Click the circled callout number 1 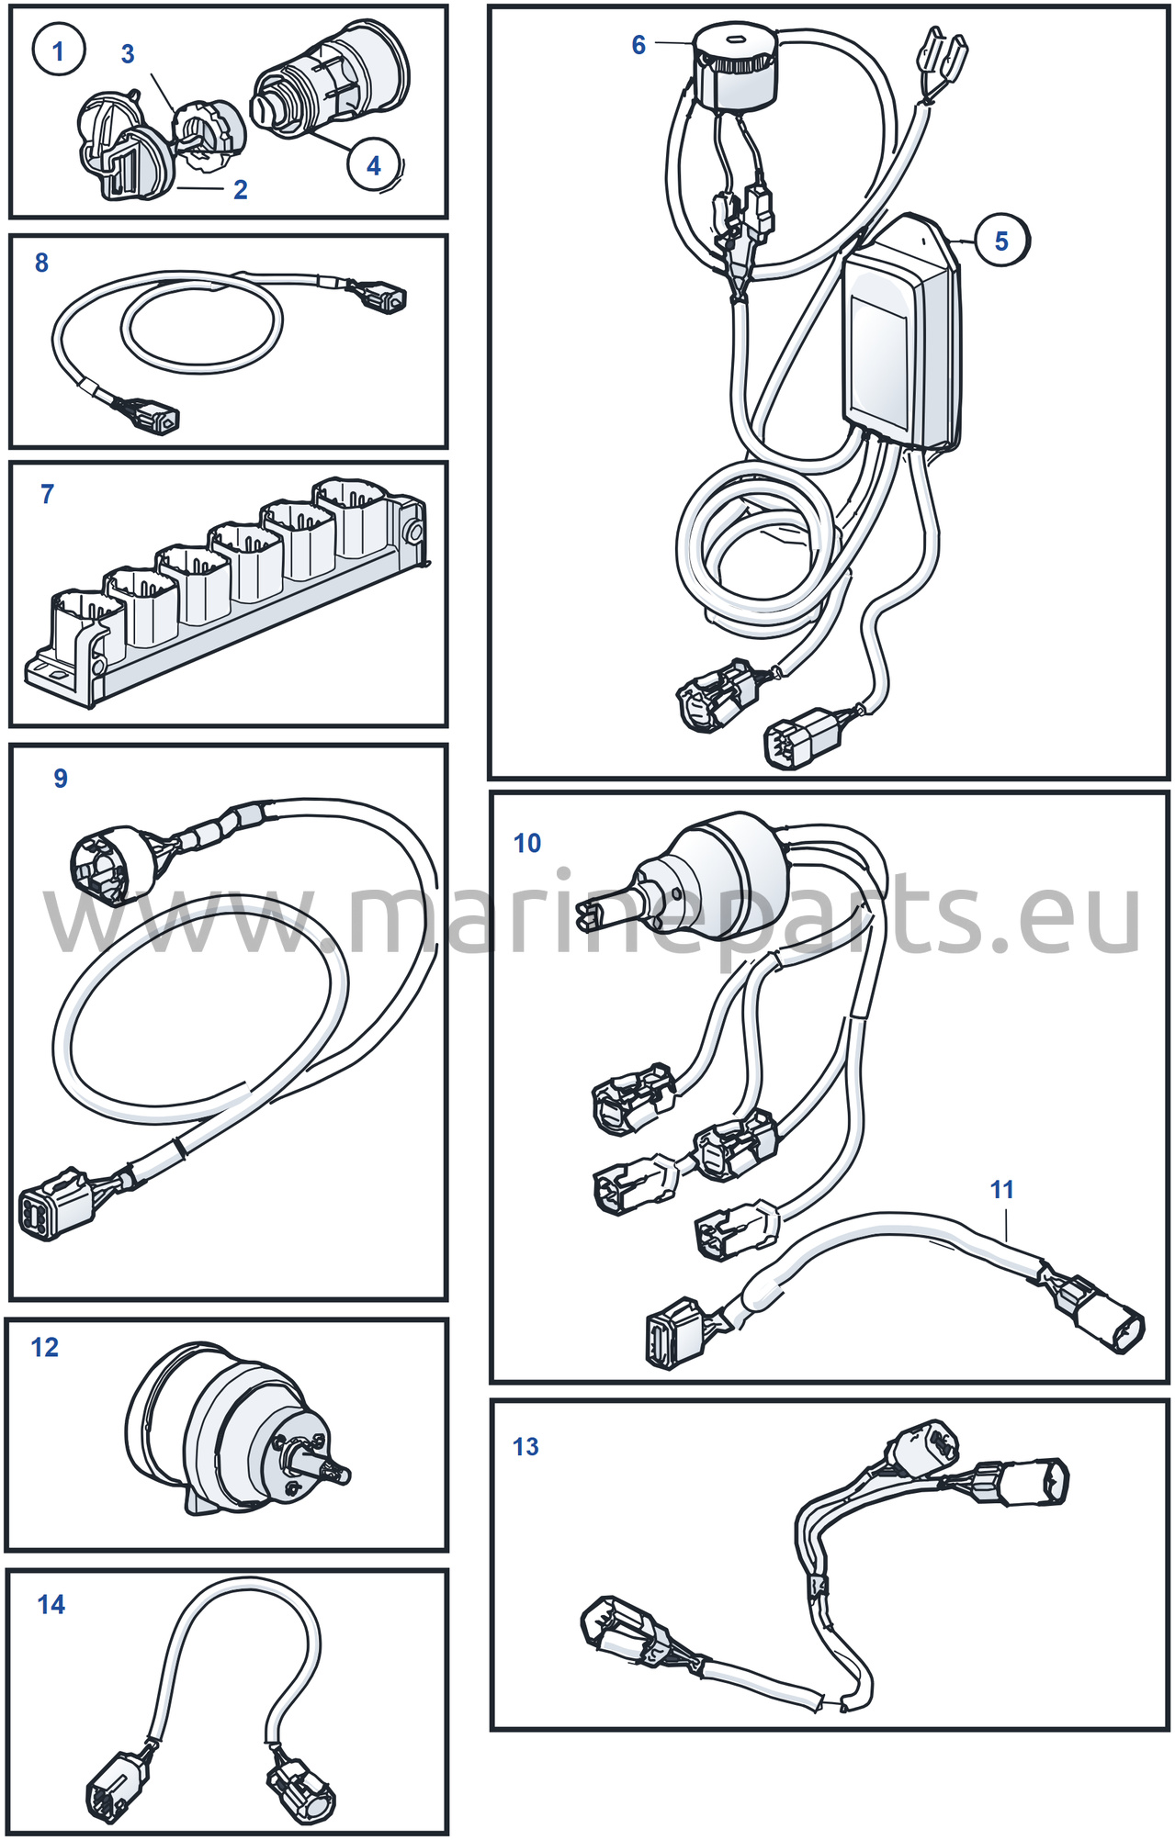pyautogui.click(x=59, y=50)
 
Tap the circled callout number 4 pyautogui.click(x=374, y=165)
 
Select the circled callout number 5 pyautogui.click(x=1001, y=241)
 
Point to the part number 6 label pyautogui.click(x=638, y=45)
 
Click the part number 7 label pyautogui.click(x=48, y=494)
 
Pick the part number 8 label pyautogui.click(x=41, y=263)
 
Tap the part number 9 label pyautogui.click(x=61, y=779)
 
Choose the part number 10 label pyautogui.click(x=527, y=843)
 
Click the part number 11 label pyautogui.click(x=1002, y=1190)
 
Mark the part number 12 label pyautogui.click(x=45, y=1347)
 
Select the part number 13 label pyautogui.click(x=525, y=1447)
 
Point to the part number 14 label pyautogui.click(x=51, y=1604)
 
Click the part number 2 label pyautogui.click(x=241, y=190)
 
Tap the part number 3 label pyautogui.click(x=128, y=54)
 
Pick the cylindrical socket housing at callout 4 pyautogui.click(x=330, y=77)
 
